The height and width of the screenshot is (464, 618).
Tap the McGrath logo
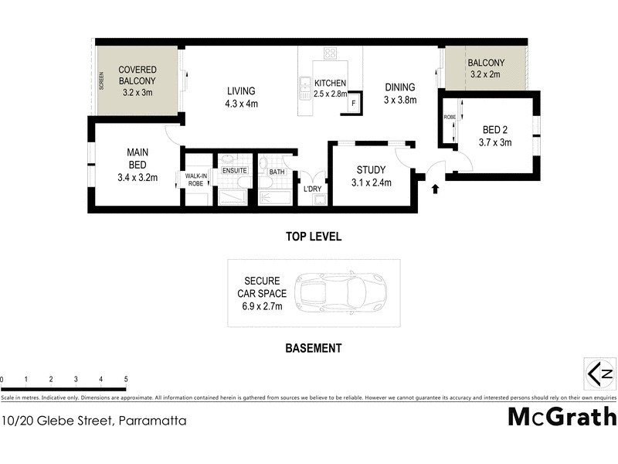[x=562, y=417]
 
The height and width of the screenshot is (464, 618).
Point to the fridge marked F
[x=354, y=103]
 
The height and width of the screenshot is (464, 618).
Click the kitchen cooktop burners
[x=331, y=54]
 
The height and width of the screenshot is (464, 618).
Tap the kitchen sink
[x=304, y=84]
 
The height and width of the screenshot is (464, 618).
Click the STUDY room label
[x=371, y=170]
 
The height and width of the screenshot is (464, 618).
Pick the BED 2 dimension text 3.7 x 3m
[x=496, y=142]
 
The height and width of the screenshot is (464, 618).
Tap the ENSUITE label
[x=234, y=170]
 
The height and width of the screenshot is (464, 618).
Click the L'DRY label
[x=312, y=189]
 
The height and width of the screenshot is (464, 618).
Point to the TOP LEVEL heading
[x=313, y=237]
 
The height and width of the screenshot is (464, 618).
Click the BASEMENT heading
[x=313, y=349]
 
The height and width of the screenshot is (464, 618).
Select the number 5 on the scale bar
[x=125, y=380]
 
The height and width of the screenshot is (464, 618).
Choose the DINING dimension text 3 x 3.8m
[x=400, y=100]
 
